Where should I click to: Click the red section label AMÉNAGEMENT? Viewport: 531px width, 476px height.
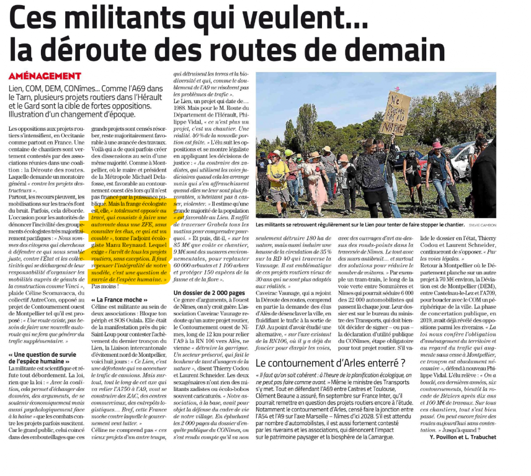tap(45, 76)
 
